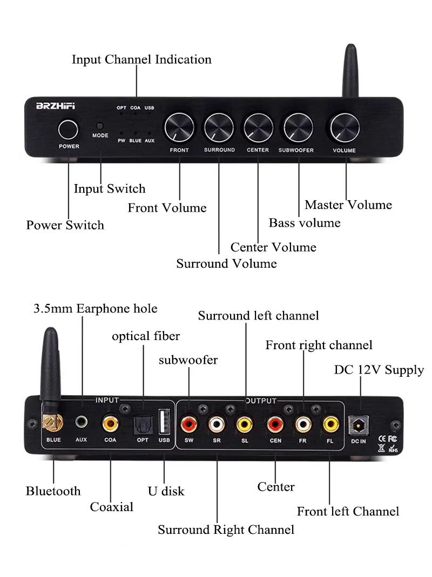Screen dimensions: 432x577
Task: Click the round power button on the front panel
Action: (x=68, y=130)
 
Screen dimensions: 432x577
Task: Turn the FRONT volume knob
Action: (x=179, y=128)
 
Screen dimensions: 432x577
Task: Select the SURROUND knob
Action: (x=219, y=128)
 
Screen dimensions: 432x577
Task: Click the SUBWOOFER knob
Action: (x=298, y=128)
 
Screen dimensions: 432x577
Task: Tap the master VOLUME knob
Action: (x=345, y=128)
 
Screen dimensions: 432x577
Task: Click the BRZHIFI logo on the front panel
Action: (x=55, y=106)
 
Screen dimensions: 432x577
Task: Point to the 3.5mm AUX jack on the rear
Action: (x=82, y=422)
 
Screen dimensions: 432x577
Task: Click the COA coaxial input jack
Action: (x=110, y=423)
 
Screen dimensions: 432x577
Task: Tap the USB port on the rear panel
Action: (x=164, y=422)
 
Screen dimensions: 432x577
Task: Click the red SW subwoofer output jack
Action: (x=188, y=424)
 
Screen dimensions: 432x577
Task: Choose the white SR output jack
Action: (x=217, y=424)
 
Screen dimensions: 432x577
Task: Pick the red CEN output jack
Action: (x=275, y=424)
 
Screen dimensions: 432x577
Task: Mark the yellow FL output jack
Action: (x=330, y=424)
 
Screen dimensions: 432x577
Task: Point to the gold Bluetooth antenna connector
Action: (x=52, y=422)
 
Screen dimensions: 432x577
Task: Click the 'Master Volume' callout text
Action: (x=348, y=205)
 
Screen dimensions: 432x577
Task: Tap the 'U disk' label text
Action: (x=166, y=491)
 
